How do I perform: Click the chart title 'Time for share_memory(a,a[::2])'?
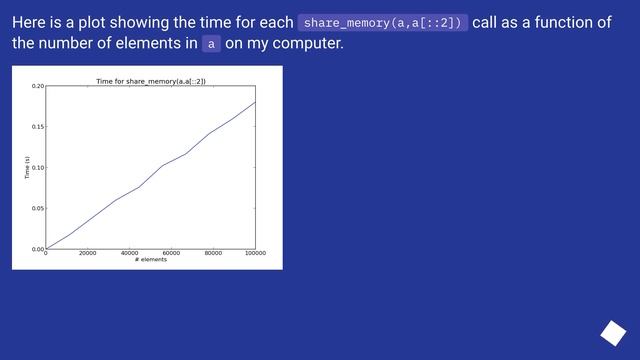point(150,80)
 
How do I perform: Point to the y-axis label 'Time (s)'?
point(27,167)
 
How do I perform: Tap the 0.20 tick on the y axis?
point(37,86)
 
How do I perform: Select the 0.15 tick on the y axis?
point(37,127)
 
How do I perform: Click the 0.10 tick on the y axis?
point(37,167)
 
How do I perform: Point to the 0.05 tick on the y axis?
point(37,208)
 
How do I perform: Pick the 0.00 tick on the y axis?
point(37,249)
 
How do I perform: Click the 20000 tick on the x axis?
point(87,253)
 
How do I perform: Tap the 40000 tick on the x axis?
point(129,253)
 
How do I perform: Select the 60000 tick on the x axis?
point(171,253)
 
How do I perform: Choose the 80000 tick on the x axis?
point(213,253)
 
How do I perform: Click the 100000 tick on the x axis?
point(255,253)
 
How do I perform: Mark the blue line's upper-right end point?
point(255,102)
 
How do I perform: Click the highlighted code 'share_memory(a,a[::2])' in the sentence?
point(383,23)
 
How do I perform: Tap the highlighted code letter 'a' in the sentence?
point(210,44)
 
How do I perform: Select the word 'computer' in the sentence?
point(308,43)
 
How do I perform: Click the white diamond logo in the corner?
point(612,332)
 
